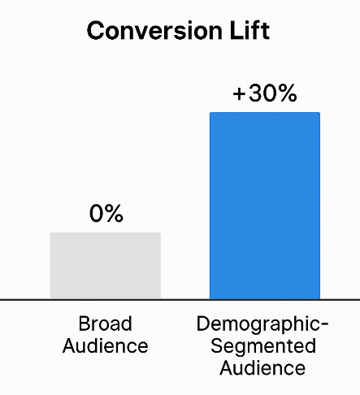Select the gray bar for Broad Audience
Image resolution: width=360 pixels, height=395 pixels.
(x=106, y=266)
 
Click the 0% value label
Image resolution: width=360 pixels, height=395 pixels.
(x=106, y=215)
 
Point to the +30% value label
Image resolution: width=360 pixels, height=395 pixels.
(x=265, y=93)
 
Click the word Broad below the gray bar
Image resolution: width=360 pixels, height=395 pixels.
(x=106, y=325)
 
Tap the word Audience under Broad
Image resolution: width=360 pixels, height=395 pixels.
(x=106, y=346)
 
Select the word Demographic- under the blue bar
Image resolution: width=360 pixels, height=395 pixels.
(x=262, y=325)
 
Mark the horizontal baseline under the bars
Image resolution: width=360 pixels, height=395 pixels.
(x=180, y=300)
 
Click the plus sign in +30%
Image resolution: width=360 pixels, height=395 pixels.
(x=239, y=94)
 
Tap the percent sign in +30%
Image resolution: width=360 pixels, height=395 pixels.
(x=286, y=93)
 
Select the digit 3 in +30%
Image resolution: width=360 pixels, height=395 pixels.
(x=254, y=93)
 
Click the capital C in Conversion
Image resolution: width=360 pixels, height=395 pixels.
(x=95, y=31)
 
